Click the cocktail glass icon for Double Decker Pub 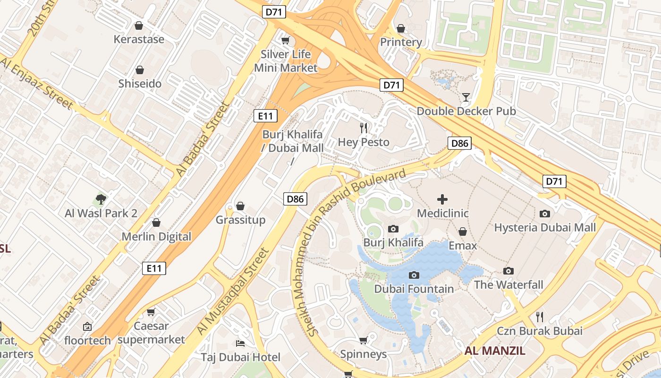(x=466, y=97)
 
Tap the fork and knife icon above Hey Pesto (x=364, y=128)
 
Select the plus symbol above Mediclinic (x=442, y=199)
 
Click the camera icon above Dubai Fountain (x=414, y=275)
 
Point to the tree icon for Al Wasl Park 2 (x=101, y=199)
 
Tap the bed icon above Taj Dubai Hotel (x=240, y=343)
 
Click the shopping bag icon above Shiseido (x=140, y=70)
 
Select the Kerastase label (x=139, y=39)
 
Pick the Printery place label (x=401, y=42)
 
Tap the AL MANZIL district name (x=495, y=351)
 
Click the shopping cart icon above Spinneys (x=363, y=340)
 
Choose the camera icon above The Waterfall (x=508, y=271)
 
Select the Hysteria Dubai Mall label (x=545, y=228)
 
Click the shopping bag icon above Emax (x=463, y=232)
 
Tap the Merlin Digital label (x=156, y=237)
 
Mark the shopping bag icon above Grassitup (x=240, y=206)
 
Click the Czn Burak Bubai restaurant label (x=539, y=331)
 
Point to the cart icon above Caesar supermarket (x=151, y=312)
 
